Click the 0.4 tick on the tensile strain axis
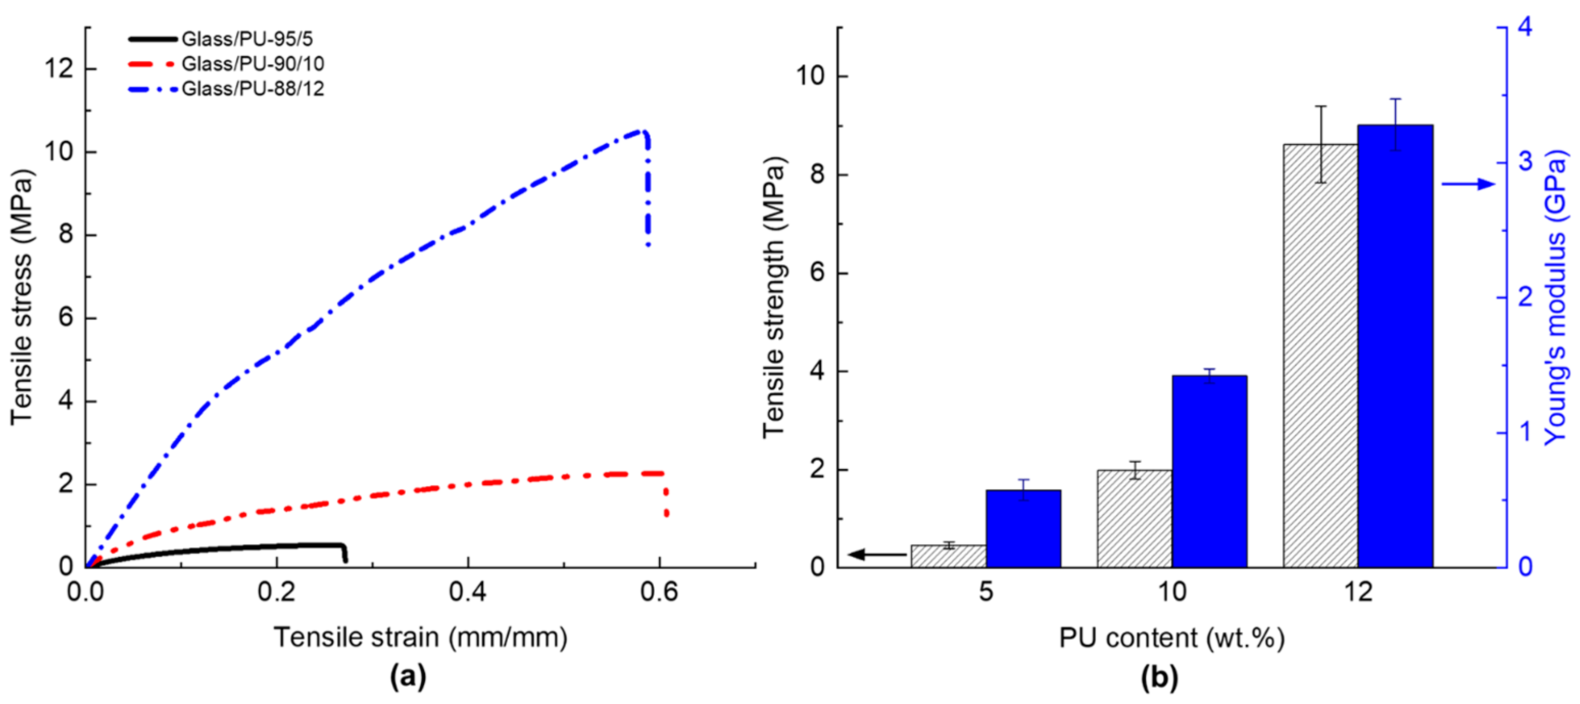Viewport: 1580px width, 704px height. click(x=467, y=592)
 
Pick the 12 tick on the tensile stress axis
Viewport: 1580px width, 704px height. click(x=60, y=69)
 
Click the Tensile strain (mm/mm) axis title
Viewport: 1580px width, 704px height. click(x=420, y=638)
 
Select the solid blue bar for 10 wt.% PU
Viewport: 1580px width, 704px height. click(x=1209, y=471)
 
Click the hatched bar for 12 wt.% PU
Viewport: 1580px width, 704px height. click(x=1320, y=356)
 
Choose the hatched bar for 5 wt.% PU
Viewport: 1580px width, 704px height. click(x=948, y=556)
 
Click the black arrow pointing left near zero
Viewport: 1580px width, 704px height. click(x=877, y=555)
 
